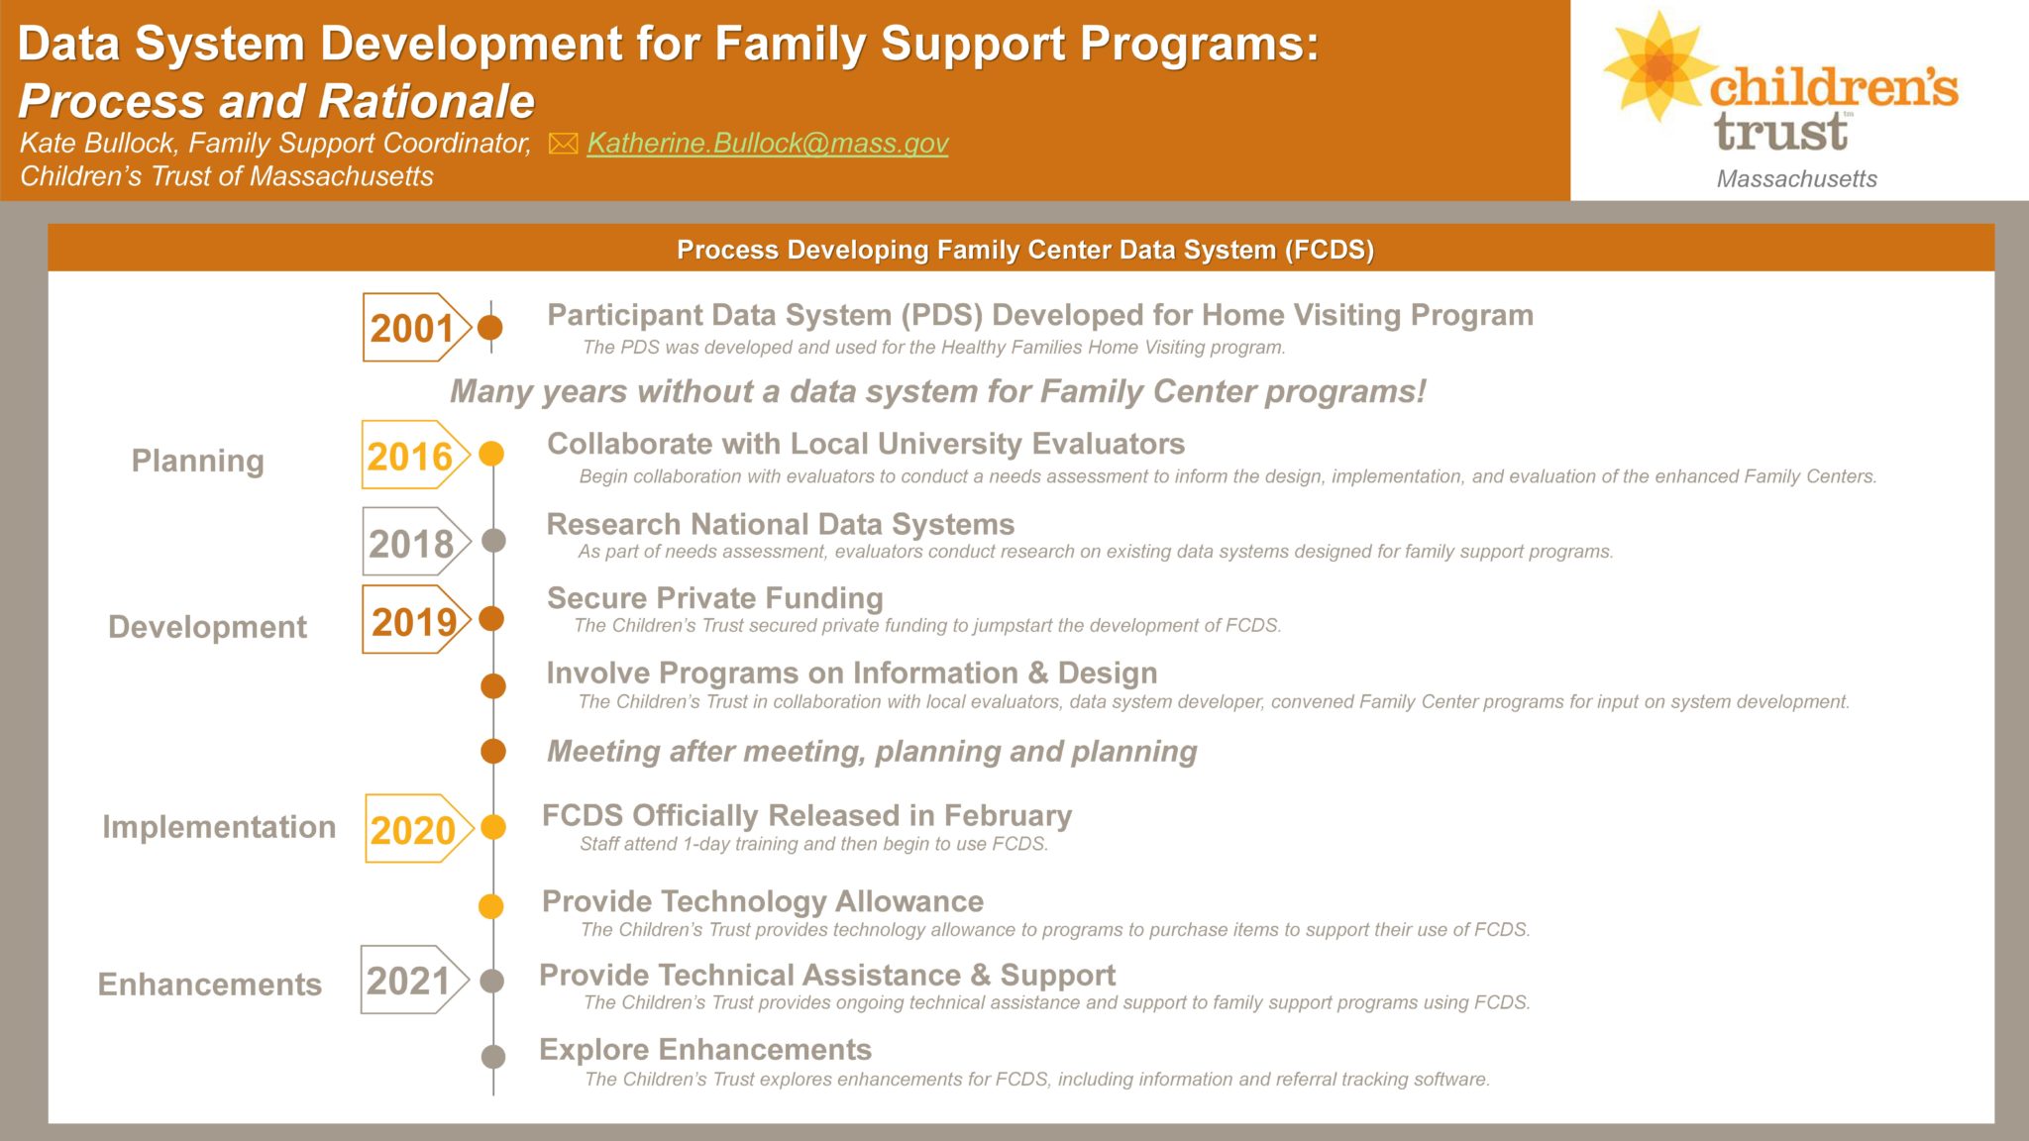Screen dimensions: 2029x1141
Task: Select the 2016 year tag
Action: [415, 455]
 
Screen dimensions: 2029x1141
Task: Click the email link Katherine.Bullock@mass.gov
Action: [768, 144]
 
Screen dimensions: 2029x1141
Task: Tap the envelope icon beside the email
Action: [563, 144]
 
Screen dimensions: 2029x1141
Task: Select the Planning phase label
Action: [198, 461]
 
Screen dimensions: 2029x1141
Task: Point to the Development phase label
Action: [207, 627]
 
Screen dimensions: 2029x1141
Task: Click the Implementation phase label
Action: [219, 827]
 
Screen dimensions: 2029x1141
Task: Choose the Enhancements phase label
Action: [209, 985]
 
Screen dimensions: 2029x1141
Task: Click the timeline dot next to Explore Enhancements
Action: [492, 1056]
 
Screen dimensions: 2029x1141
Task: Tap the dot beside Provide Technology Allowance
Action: [491, 906]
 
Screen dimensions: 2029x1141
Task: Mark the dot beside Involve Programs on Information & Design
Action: [493, 685]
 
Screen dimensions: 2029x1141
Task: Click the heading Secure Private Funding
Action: [715, 598]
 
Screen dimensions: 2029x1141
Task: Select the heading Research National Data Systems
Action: [781, 524]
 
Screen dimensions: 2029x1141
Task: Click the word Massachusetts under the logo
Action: [1797, 178]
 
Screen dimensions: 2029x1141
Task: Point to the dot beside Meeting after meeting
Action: [493, 752]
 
